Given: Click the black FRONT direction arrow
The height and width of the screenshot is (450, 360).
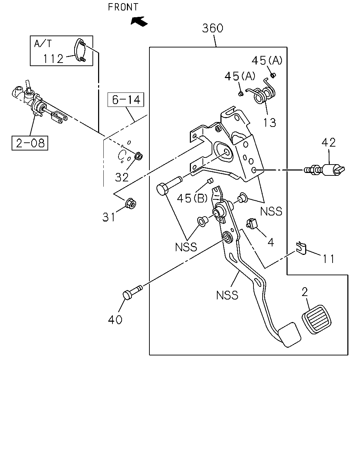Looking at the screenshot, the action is click(139, 21).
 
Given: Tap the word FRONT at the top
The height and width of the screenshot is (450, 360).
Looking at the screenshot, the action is click(123, 7).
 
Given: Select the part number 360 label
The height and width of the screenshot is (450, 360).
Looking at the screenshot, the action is click(213, 28).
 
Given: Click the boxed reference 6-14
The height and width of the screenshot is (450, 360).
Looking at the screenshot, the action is click(126, 99).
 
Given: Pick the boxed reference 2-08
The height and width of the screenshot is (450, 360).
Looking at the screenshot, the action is click(30, 143).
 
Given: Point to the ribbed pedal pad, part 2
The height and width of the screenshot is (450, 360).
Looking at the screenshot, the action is click(316, 319).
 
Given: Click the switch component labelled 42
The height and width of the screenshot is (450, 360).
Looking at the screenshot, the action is click(324, 170).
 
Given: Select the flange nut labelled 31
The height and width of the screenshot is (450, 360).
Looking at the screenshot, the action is click(131, 204).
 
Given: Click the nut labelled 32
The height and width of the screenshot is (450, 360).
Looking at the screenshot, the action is click(139, 156).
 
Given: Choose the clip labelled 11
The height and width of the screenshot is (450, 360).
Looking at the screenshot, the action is click(301, 248).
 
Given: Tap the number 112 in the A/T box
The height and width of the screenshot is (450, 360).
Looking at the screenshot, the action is click(53, 59).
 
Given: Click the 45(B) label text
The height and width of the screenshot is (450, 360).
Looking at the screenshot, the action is click(192, 198).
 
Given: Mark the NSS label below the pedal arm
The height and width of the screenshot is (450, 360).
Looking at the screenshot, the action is click(227, 295).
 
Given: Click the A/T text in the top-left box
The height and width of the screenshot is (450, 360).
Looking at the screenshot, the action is click(43, 44).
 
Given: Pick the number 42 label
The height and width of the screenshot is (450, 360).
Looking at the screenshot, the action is click(328, 142).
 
